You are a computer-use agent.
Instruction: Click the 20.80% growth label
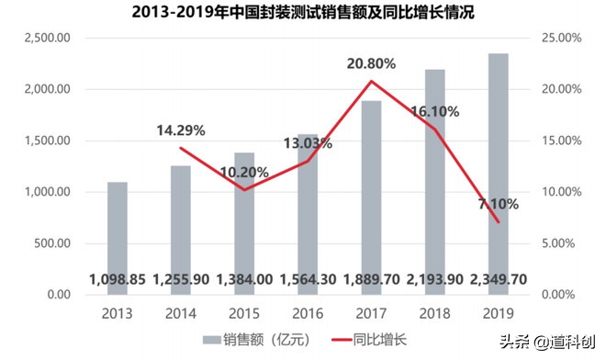(371, 64)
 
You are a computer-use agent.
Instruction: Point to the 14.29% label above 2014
(179, 130)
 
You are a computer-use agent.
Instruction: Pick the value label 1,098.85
(118, 279)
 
